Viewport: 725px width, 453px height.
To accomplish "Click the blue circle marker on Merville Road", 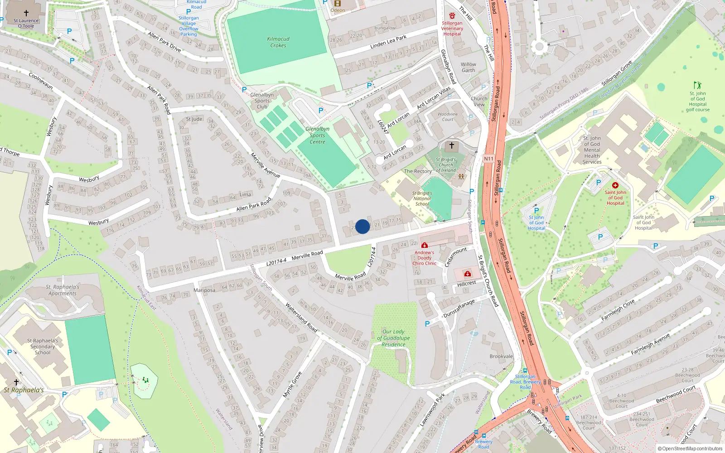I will [362, 226].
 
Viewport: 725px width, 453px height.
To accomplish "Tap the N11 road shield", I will [488, 159].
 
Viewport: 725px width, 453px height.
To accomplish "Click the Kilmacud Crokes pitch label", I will [278, 42].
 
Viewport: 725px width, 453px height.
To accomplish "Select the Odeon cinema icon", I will [337, 3].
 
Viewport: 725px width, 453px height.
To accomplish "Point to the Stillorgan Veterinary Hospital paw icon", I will [452, 16].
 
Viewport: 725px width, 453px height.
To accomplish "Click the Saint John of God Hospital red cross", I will [615, 185].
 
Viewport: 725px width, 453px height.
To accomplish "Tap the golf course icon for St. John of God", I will [697, 85].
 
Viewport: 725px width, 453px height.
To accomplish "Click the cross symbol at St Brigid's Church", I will [451, 145].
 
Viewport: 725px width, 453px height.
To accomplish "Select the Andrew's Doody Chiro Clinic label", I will [425, 258].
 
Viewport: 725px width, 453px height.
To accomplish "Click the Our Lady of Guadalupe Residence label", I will [393, 338].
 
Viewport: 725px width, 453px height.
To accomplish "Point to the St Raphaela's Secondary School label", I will [43, 347].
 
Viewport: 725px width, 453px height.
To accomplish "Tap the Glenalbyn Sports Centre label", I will [317, 135].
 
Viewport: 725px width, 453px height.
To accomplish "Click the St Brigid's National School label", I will [422, 198].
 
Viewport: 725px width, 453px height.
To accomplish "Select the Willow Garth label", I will [469, 67].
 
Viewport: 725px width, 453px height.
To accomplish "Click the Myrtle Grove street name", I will [292, 385].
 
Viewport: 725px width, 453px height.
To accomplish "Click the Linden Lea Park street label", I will [388, 42].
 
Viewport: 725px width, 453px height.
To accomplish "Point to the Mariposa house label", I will [204, 290].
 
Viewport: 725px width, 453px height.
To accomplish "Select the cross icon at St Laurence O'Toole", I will [26, 13].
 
